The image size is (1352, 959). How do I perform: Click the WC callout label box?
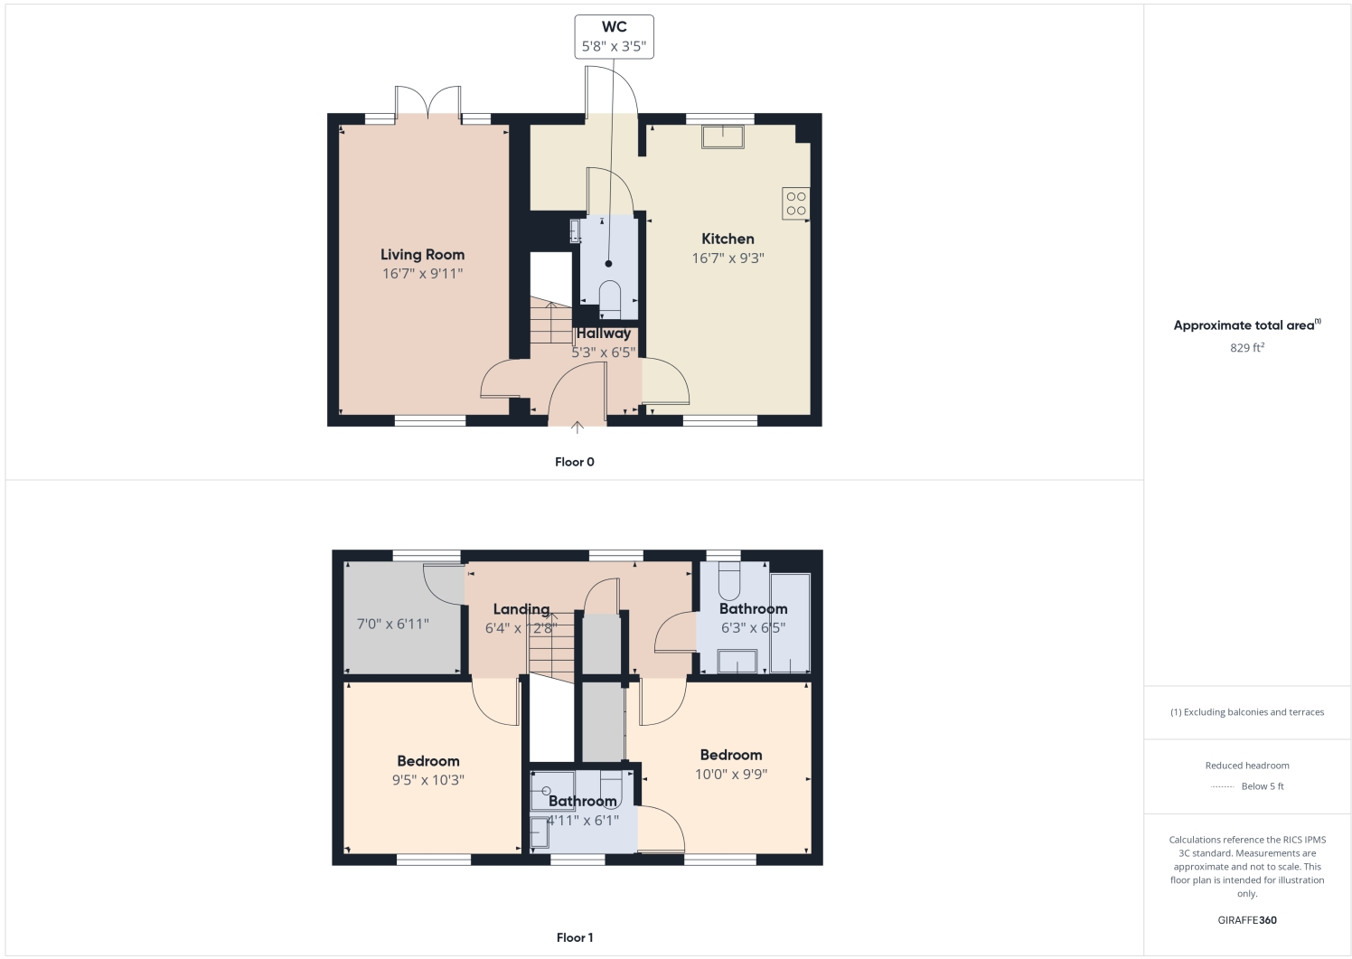tap(614, 37)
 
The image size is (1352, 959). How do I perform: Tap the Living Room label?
tap(422, 255)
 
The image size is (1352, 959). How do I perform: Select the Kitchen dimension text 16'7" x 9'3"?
tap(728, 259)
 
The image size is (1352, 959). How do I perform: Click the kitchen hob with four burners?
tap(795, 203)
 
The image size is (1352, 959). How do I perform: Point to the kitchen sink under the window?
tap(723, 136)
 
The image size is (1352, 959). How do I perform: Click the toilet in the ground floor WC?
tap(610, 299)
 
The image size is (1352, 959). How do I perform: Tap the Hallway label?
tap(604, 334)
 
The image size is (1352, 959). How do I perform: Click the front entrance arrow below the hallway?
tap(577, 428)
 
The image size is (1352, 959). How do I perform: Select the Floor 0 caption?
tap(575, 462)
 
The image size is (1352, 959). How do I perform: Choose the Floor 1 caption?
tap(575, 937)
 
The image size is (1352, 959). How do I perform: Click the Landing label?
tap(521, 609)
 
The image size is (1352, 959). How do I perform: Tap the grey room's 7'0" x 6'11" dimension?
tap(393, 624)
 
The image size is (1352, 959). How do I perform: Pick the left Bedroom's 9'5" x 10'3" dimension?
tap(428, 780)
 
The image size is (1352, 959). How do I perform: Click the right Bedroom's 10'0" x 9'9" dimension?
tap(731, 774)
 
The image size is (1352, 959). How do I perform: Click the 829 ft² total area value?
tap(1246, 348)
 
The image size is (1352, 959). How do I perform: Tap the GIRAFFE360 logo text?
tap(1246, 920)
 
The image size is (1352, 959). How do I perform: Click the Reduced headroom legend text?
tap(1247, 766)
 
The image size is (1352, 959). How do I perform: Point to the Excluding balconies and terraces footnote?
tap(1247, 712)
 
